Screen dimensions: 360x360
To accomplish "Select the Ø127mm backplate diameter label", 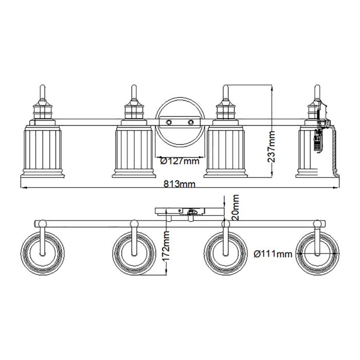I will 179,161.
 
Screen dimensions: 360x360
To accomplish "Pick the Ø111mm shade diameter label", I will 273,254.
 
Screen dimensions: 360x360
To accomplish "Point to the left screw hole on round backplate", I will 168,122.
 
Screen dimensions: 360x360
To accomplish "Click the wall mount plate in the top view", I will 180,211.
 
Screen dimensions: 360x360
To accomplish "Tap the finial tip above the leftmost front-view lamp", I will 41,88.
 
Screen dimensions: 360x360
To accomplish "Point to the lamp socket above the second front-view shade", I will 133,111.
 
